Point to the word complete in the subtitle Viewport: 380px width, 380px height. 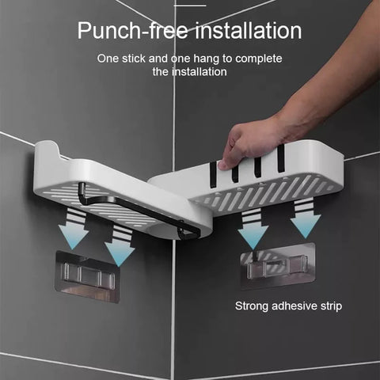(259, 59)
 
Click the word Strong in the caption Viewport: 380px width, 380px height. (252, 306)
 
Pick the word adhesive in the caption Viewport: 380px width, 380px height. (294, 306)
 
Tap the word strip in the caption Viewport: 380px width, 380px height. (331, 306)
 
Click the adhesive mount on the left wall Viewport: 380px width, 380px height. (87, 276)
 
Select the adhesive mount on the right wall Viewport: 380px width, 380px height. (278, 267)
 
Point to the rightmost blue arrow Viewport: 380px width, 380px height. (306, 219)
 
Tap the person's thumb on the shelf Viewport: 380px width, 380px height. (224, 164)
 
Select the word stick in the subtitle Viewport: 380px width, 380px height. (134, 59)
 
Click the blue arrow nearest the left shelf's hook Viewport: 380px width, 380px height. (120, 247)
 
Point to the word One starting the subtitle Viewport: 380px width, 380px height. (108, 59)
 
